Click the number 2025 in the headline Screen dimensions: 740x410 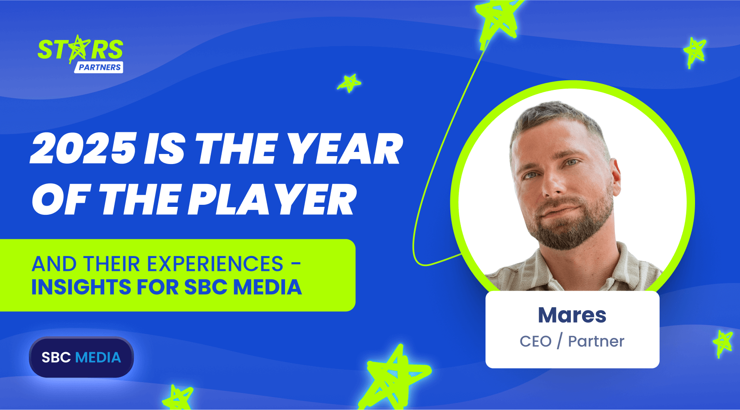coord(83,149)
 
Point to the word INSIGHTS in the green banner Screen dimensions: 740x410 coord(82,287)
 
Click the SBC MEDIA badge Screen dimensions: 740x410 coord(81,357)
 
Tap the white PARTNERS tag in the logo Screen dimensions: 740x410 coord(99,67)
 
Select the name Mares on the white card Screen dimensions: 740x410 coord(572,315)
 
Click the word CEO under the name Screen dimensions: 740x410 coord(535,341)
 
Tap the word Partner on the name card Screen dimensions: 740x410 coord(596,341)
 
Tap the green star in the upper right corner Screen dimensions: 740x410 coord(695,52)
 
